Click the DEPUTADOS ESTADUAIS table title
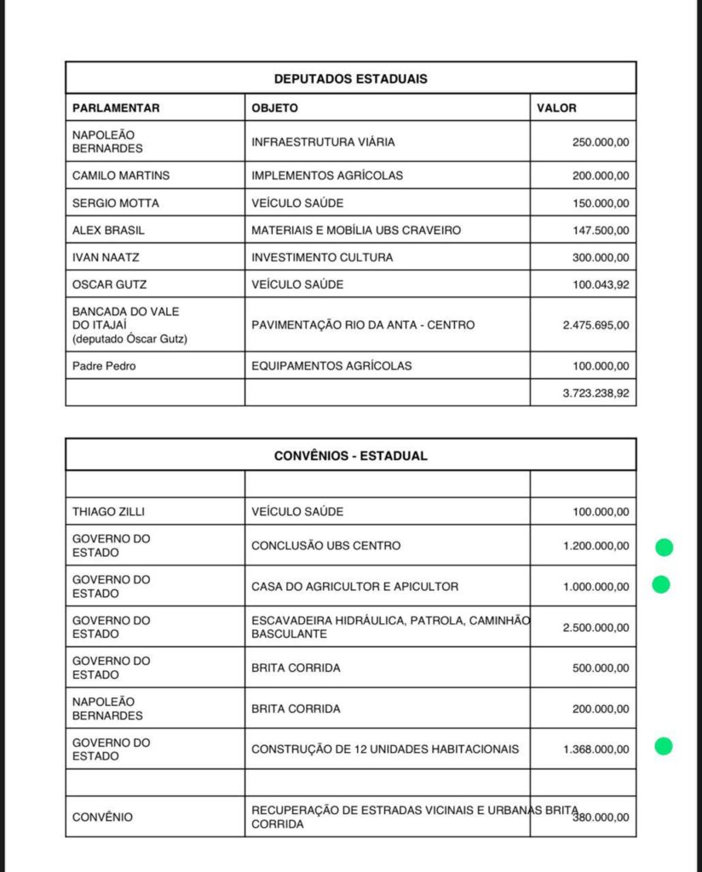(x=350, y=78)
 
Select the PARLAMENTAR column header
(x=116, y=108)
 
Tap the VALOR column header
(x=557, y=108)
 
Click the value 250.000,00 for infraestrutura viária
(x=601, y=142)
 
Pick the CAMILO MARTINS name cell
(x=121, y=175)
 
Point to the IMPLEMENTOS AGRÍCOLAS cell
(x=327, y=175)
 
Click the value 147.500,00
(x=601, y=230)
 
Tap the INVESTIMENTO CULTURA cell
(x=322, y=257)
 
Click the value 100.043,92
(x=601, y=284)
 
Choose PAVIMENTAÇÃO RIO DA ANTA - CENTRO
(x=363, y=325)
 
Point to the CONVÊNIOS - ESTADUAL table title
(x=350, y=456)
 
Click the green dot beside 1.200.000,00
(x=664, y=548)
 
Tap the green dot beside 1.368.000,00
(x=664, y=747)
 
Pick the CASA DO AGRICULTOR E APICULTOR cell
(x=354, y=587)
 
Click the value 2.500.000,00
(x=596, y=628)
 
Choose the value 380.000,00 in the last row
(x=601, y=817)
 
